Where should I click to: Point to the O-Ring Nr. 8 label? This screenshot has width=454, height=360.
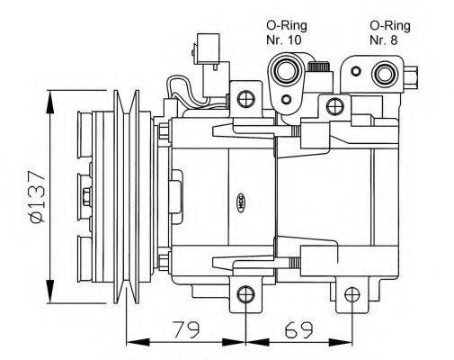pos(390,32)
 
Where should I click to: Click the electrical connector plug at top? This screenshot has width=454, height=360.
pos(205,48)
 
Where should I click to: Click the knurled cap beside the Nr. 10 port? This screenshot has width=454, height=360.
pos(316,67)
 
